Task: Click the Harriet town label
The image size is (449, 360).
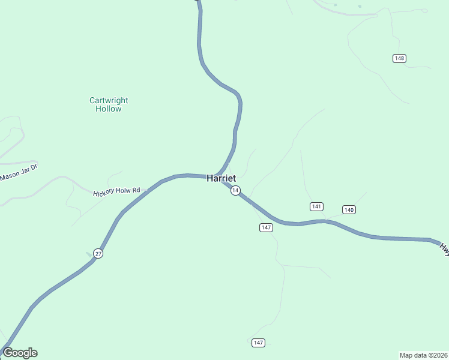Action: [221, 178]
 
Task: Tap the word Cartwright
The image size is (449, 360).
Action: [109, 101]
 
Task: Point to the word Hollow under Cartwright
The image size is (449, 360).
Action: [109, 109]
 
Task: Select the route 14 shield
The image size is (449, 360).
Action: [236, 190]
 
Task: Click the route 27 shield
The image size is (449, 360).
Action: [98, 254]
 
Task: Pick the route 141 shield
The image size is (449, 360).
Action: [317, 206]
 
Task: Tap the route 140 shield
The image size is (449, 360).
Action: [349, 209]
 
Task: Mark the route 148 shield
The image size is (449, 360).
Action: [400, 58]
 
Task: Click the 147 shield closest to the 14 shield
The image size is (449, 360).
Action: [267, 227]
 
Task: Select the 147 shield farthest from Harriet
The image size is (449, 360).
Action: [258, 343]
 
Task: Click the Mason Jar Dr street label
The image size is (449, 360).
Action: [19, 172]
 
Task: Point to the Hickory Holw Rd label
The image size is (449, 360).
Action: [116, 191]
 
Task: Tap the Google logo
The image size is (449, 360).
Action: [20, 353]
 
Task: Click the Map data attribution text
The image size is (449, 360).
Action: [423, 355]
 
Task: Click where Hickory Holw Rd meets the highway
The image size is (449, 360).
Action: [147, 190]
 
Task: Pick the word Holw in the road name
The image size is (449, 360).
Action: [122, 191]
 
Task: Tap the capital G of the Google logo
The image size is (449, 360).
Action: [8, 353]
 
